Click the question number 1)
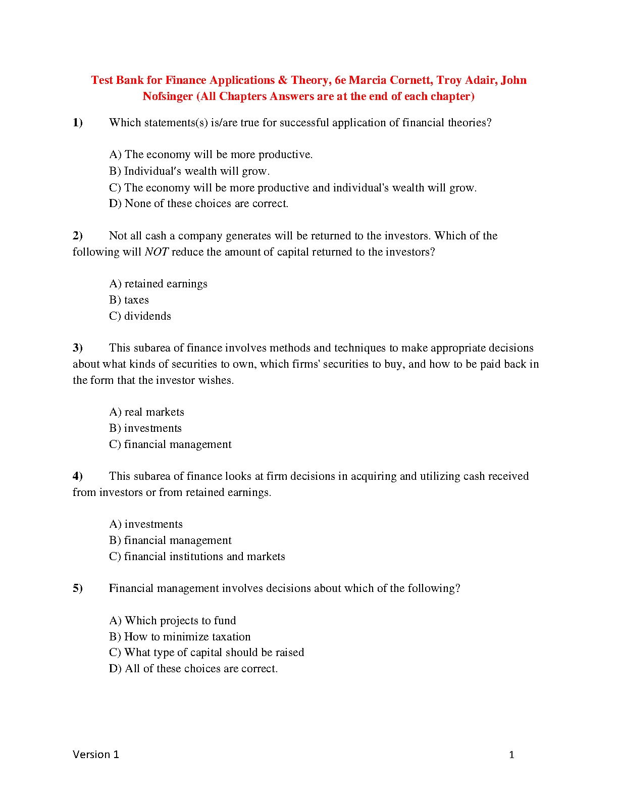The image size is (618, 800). (x=78, y=123)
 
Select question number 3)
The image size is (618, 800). (x=78, y=348)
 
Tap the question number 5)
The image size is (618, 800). (x=78, y=588)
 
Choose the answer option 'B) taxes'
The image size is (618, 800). (x=129, y=300)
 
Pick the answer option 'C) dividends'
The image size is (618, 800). (x=140, y=316)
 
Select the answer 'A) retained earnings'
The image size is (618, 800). (x=158, y=284)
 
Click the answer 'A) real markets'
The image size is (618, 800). (x=146, y=412)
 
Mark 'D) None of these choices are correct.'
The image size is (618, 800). (x=198, y=204)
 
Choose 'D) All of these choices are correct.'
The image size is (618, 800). (x=193, y=669)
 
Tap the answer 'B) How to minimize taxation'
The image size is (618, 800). (x=180, y=637)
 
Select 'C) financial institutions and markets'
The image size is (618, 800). (x=197, y=557)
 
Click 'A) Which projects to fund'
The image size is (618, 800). (x=172, y=621)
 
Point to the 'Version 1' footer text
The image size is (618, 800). (x=96, y=755)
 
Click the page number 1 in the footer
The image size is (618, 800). (x=511, y=755)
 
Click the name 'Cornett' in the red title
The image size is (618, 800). (x=410, y=80)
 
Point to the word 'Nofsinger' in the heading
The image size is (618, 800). (x=168, y=96)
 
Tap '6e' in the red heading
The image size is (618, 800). (x=340, y=80)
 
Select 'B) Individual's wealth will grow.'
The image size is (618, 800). (x=189, y=171)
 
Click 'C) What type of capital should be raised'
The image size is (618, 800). (x=207, y=653)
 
